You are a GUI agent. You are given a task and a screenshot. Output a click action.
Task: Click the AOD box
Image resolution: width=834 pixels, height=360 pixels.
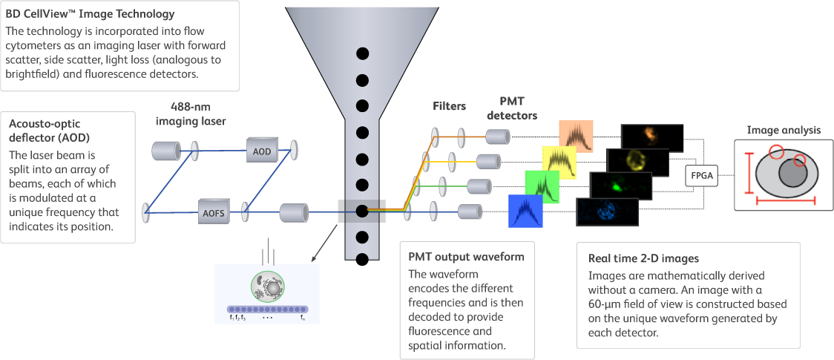click(x=261, y=151)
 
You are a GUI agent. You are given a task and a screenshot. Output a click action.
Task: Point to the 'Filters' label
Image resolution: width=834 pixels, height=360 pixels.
click(x=449, y=106)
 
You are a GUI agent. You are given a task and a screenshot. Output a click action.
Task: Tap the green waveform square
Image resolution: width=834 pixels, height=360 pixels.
click(x=541, y=186)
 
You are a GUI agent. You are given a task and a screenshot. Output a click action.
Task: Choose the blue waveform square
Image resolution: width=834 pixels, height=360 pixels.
click(x=525, y=211)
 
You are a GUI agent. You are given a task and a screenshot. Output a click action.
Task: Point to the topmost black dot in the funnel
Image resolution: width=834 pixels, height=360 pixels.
click(x=362, y=53)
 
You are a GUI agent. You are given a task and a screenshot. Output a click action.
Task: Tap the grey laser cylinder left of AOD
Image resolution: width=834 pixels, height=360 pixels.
click(x=166, y=151)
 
